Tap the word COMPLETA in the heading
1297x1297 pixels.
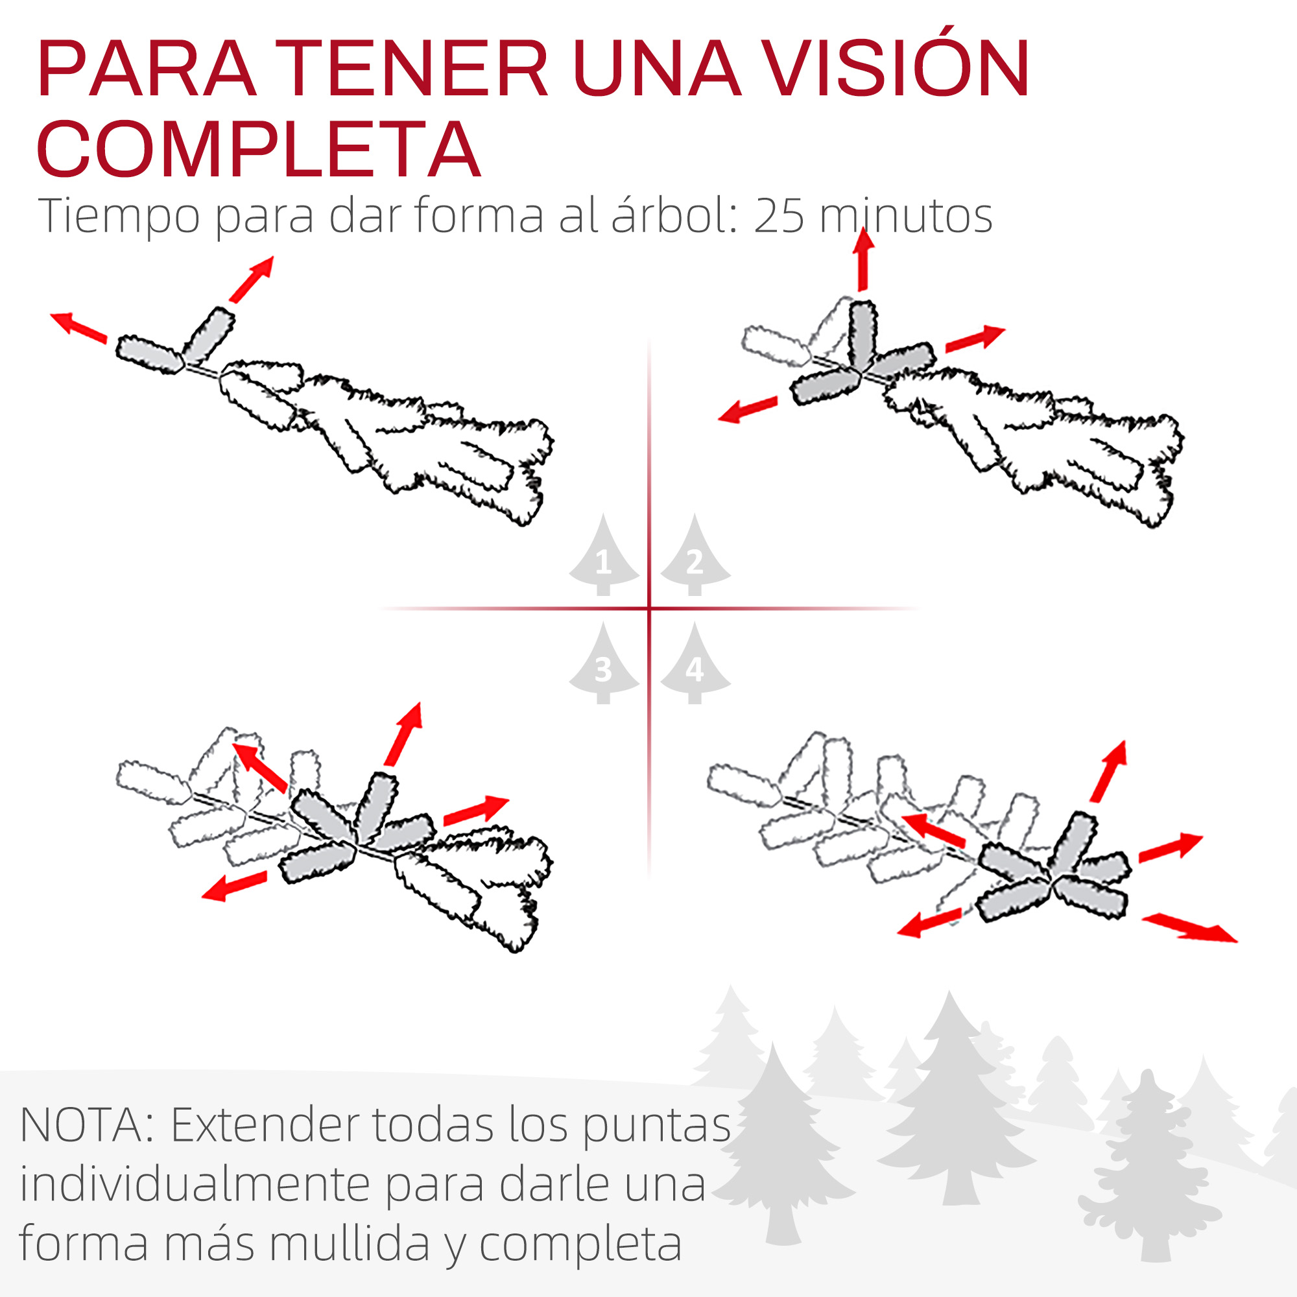[x=259, y=149]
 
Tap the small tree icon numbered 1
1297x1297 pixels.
[x=604, y=555]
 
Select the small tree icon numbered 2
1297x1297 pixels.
[x=695, y=555]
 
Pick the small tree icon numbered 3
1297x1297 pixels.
[x=604, y=663]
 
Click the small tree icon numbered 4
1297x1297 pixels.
[x=695, y=663]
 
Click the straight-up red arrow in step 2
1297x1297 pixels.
[x=863, y=259]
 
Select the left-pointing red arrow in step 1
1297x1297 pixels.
[x=78, y=327]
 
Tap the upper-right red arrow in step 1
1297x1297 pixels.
[x=251, y=280]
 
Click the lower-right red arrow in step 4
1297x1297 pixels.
[x=1189, y=929]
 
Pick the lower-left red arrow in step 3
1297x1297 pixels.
[x=234, y=885]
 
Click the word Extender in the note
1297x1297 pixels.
[x=265, y=1125]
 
